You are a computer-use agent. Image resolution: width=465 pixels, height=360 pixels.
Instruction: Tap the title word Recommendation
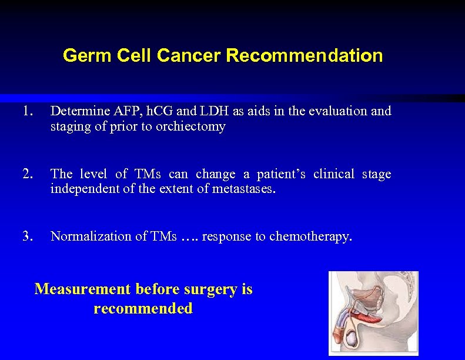(304, 56)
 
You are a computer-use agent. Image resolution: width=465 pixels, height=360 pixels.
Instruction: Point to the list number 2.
(27, 174)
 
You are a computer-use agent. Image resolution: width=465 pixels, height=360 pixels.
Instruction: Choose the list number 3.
(27, 236)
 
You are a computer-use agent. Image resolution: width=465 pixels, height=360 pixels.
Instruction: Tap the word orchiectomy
(191, 126)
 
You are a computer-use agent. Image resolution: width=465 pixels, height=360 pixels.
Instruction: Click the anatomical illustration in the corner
(373, 313)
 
